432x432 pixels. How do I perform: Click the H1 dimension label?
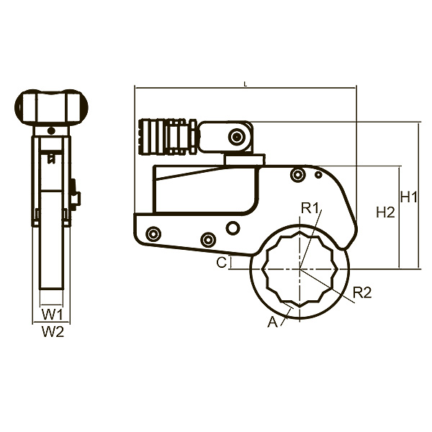409,197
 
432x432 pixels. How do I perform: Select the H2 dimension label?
386,212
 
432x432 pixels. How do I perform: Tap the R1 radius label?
310,208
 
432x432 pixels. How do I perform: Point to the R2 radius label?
362,292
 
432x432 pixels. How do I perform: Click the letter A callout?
272,322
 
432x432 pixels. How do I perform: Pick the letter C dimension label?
222,263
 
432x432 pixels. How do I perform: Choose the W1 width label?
53,315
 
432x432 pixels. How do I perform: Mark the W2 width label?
53,331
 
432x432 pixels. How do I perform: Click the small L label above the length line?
246,84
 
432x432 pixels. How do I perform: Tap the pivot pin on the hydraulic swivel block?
236,137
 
